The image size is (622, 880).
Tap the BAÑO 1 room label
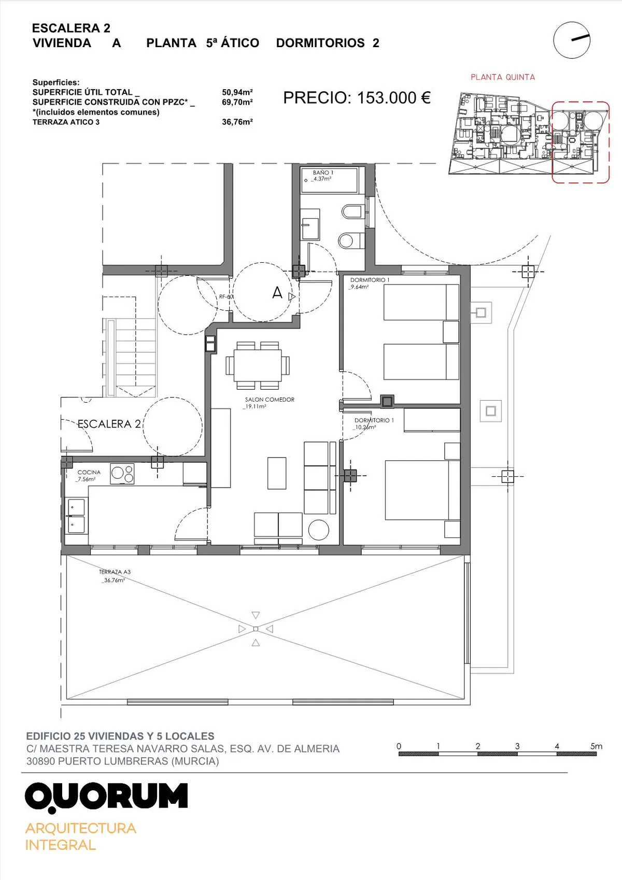[x=323, y=173]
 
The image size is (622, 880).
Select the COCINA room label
[x=89, y=472]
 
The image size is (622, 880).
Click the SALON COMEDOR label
[x=270, y=400]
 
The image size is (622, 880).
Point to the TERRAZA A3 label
[x=115, y=572]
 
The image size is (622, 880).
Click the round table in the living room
[x=318, y=530]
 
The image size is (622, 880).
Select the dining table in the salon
[x=258, y=365]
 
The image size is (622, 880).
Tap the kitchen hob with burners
[x=122, y=473]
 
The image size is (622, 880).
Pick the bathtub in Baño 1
[x=329, y=180]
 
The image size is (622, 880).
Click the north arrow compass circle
[x=572, y=40]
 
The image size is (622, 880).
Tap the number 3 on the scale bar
[x=517, y=746]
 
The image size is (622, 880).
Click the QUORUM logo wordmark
[x=106, y=797]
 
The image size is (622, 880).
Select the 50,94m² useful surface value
[x=237, y=92]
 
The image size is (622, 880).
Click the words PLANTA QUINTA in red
[x=503, y=77]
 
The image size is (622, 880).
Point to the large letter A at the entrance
[x=277, y=293]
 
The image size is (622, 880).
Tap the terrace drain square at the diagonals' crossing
[x=256, y=629]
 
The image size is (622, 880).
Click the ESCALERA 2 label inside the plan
[x=109, y=424]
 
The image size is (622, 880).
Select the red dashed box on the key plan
[x=581, y=142]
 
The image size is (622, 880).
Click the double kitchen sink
[x=77, y=516]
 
